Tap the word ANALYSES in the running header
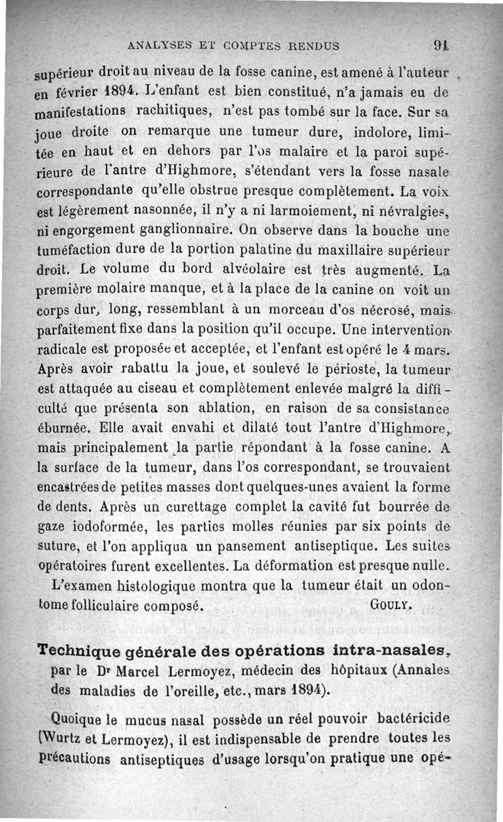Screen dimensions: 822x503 point(154,45)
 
